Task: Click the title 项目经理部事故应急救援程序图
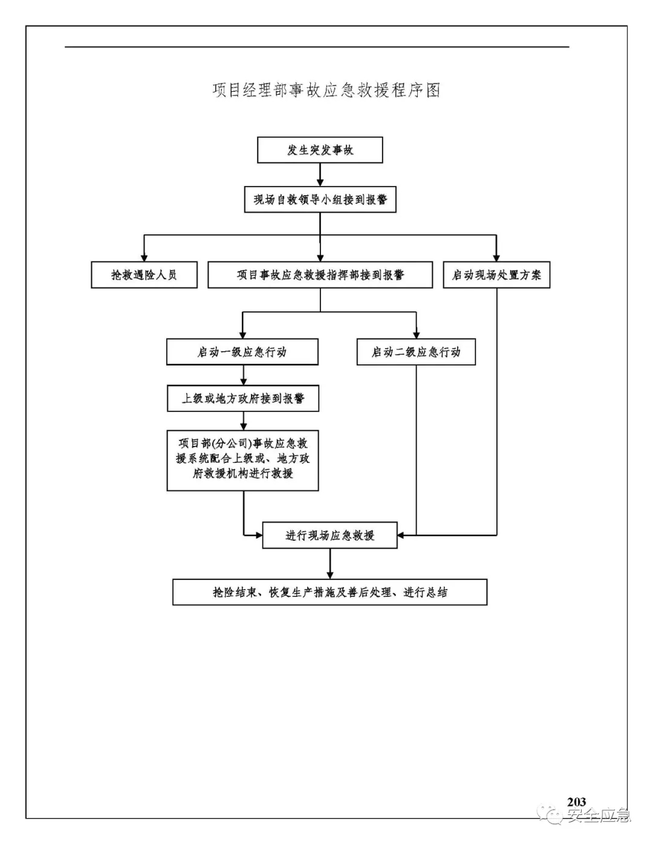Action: coord(326,90)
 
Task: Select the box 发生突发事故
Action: coord(320,150)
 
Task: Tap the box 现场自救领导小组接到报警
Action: coord(320,199)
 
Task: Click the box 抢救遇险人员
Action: coord(144,275)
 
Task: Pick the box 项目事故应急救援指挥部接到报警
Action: coord(320,275)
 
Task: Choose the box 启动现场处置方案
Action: coord(496,275)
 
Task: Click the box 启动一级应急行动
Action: coord(242,352)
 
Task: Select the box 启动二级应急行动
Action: coord(416,352)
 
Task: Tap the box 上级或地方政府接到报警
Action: coord(242,399)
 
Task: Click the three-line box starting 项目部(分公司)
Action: coord(242,460)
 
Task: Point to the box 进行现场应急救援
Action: coord(330,535)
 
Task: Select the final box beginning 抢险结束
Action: coord(330,592)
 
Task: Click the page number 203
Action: coord(576,802)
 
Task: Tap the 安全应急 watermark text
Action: coord(597,816)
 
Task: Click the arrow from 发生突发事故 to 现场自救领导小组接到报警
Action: coord(320,175)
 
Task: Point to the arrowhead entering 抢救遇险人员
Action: coord(144,257)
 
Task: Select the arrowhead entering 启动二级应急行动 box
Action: coord(416,334)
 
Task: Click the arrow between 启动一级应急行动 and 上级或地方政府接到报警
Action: coord(243,375)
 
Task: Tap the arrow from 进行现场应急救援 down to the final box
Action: coord(330,564)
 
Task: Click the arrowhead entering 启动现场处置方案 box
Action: coord(496,257)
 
